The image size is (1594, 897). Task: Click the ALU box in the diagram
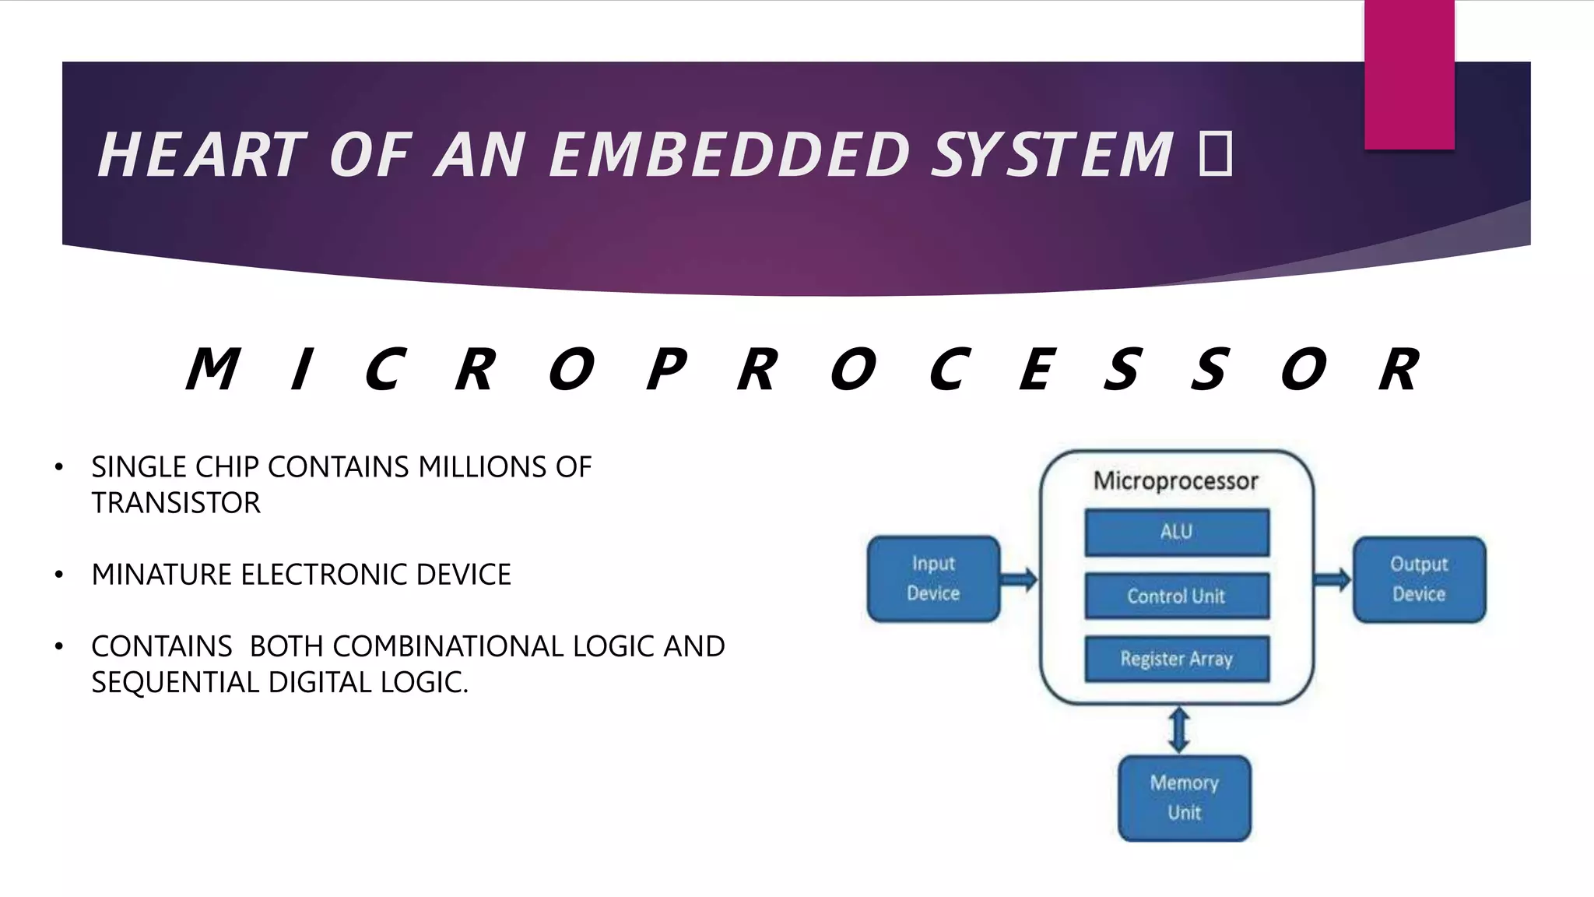(x=1176, y=533)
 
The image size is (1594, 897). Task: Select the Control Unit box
(x=1176, y=596)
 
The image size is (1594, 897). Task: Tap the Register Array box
(x=1176, y=660)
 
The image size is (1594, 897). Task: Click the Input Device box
(x=933, y=579)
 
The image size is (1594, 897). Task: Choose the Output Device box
(x=1419, y=579)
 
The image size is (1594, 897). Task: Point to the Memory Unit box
(x=1184, y=798)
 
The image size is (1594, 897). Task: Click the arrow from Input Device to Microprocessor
(x=1020, y=579)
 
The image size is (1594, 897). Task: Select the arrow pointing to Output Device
(x=1332, y=579)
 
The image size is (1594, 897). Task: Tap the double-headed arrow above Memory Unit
(x=1179, y=730)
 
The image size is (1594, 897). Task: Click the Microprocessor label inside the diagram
(x=1175, y=481)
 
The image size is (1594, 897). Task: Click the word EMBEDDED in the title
(x=729, y=155)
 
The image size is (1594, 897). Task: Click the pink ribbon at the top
(x=1409, y=74)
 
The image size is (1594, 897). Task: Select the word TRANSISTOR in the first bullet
(x=176, y=503)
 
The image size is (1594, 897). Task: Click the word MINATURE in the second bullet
(x=162, y=575)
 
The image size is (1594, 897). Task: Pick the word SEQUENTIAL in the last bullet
(x=175, y=683)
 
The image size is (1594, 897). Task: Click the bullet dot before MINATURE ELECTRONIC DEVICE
(x=59, y=575)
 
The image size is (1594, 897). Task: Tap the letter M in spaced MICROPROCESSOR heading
(x=212, y=369)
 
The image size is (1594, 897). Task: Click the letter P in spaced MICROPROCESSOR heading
(x=667, y=369)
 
